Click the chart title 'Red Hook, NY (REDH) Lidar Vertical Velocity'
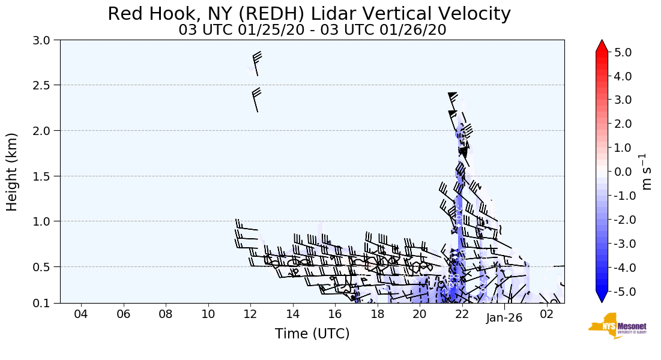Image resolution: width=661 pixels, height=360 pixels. (310, 14)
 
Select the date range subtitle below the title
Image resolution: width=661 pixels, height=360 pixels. (312, 30)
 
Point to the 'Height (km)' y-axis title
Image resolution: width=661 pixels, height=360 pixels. (12, 172)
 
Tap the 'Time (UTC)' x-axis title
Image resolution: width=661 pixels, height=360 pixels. (312, 334)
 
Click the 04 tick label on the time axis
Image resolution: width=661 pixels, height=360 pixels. (81, 315)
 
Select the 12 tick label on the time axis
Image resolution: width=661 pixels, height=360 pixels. (250, 315)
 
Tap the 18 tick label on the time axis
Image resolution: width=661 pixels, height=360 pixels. (377, 315)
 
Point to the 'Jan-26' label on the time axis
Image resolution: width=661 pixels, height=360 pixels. (504, 317)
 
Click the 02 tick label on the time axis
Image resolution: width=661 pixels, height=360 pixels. (546, 315)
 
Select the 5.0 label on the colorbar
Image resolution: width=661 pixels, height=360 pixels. (623, 52)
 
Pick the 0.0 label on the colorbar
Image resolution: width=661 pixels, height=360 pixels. (623, 172)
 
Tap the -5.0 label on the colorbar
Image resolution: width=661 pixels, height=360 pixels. (621, 292)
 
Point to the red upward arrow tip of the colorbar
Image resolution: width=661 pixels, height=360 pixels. (602, 46)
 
